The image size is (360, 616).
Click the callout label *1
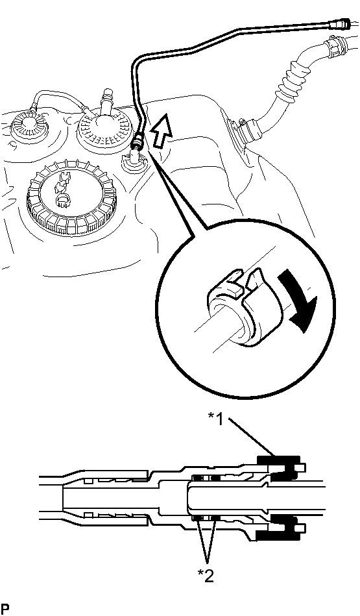(215, 419)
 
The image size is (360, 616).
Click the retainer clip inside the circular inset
(235, 306)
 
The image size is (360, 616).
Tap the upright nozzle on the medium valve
(106, 102)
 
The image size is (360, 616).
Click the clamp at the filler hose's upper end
(333, 45)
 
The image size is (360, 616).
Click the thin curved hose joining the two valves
(59, 99)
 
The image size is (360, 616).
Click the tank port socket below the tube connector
(134, 162)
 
